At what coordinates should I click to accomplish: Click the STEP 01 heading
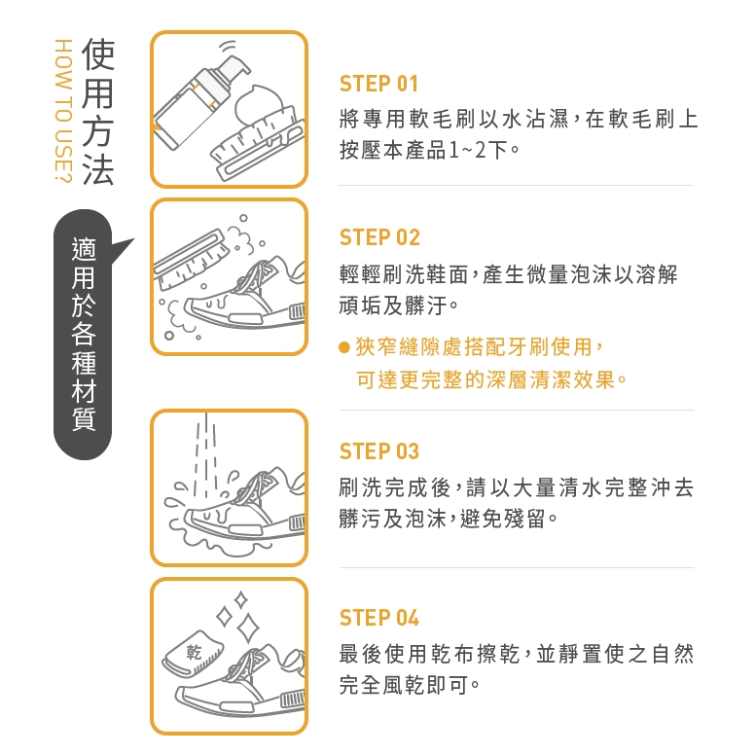tap(378, 84)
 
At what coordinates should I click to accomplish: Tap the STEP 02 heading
tap(379, 237)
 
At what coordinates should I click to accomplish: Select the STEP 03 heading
tap(378, 451)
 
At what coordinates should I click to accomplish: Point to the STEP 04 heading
tap(378, 617)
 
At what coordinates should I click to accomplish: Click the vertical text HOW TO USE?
tap(63, 111)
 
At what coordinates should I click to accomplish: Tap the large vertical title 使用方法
tap(98, 112)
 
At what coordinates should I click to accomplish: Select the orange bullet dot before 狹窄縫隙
tap(343, 347)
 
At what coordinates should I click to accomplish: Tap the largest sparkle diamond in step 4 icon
tap(248, 628)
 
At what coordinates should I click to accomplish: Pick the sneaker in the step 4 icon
tap(241, 684)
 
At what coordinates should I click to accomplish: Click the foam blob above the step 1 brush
tap(258, 103)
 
